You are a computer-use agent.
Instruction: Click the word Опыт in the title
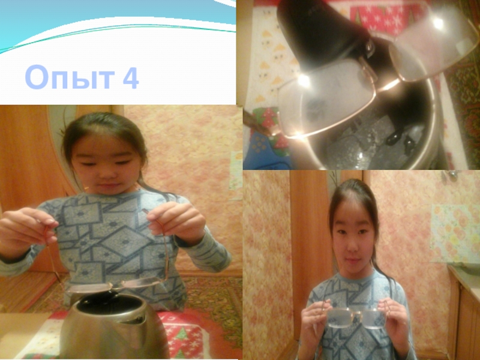(x=70, y=77)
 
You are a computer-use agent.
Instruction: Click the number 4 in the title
(x=131, y=77)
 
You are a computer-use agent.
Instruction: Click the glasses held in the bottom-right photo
(x=355, y=316)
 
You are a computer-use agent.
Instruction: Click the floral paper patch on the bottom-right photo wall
(x=455, y=233)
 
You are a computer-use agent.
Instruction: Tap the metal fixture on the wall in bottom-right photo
(x=450, y=175)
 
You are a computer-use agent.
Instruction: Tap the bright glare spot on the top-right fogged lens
(x=439, y=23)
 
